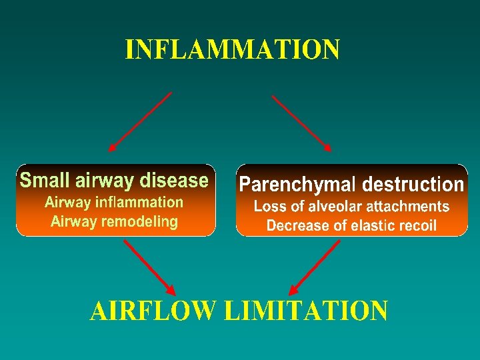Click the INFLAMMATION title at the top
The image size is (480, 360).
coord(233,50)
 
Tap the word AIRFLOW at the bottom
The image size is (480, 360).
coord(153,311)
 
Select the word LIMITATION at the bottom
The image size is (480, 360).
coord(306,311)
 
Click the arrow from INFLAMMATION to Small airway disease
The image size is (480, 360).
coord(139,122)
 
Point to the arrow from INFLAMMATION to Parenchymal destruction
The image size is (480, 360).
coord(301,122)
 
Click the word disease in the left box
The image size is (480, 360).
coord(177,180)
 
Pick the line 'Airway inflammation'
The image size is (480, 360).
coord(114,202)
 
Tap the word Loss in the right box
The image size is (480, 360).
coord(268,207)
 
